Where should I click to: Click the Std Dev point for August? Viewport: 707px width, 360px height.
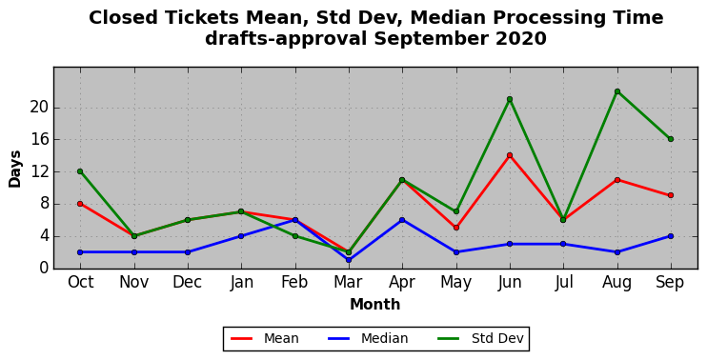click(x=616, y=91)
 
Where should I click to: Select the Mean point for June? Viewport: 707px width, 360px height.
click(x=510, y=155)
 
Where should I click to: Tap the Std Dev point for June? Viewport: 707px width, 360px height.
click(x=510, y=99)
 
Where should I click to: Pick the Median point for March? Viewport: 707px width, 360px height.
click(x=349, y=260)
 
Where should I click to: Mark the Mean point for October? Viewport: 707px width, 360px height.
click(x=80, y=204)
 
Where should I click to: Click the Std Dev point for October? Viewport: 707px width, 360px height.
click(x=80, y=171)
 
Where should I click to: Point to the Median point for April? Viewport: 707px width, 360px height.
click(x=402, y=220)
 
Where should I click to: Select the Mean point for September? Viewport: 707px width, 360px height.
click(x=671, y=195)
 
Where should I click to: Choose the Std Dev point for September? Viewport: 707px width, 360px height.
click(x=671, y=139)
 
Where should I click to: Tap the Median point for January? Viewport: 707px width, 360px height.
click(x=241, y=236)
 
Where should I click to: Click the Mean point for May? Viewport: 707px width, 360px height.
click(x=455, y=228)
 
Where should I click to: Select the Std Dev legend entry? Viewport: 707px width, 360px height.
click(x=480, y=338)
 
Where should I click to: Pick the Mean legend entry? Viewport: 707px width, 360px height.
click(x=265, y=338)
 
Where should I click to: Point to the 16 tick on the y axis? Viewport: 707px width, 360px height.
click(x=38, y=140)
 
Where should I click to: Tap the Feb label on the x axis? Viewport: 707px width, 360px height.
click(x=294, y=283)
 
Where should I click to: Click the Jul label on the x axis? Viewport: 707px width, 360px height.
click(x=564, y=283)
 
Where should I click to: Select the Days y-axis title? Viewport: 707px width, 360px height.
click(x=15, y=169)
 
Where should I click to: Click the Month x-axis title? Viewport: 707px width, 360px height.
click(x=375, y=305)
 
